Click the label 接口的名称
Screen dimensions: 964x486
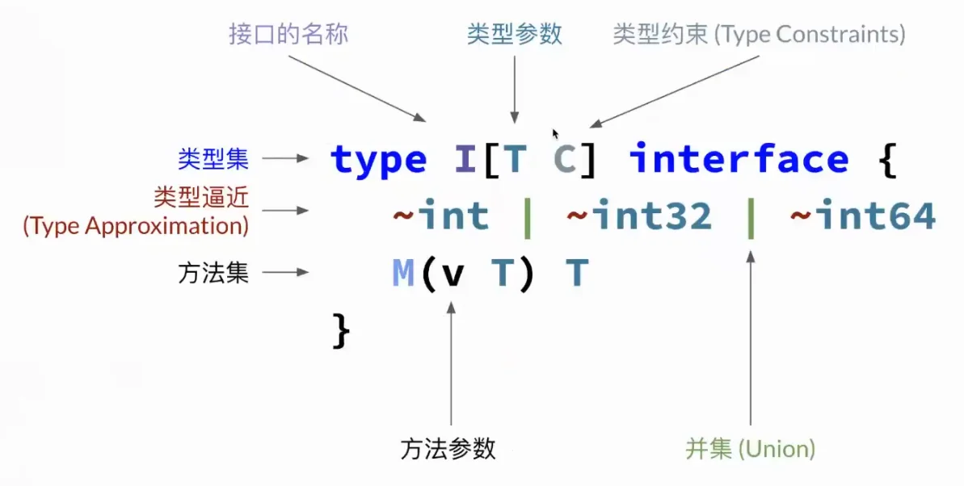click(x=288, y=33)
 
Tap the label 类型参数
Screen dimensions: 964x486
click(x=515, y=33)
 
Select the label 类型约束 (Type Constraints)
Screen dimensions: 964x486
click(x=759, y=34)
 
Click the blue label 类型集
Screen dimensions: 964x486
click(x=213, y=158)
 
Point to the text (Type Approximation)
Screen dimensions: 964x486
click(x=136, y=225)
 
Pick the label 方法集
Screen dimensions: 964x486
click(x=213, y=272)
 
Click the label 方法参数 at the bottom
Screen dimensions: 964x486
click(x=448, y=449)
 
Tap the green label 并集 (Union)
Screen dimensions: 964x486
click(x=750, y=449)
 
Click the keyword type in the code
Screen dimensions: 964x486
click(x=378, y=159)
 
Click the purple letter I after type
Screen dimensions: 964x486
click(x=465, y=158)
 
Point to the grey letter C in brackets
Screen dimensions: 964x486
click(x=564, y=158)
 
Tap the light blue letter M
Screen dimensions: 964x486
click(x=403, y=273)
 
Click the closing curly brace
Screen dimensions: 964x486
click(x=341, y=330)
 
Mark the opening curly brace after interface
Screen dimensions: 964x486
click(x=887, y=159)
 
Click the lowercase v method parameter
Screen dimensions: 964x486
click(x=453, y=276)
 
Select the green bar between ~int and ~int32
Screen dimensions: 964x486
click(x=527, y=216)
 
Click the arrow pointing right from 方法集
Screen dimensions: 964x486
click(x=285, y=272)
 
